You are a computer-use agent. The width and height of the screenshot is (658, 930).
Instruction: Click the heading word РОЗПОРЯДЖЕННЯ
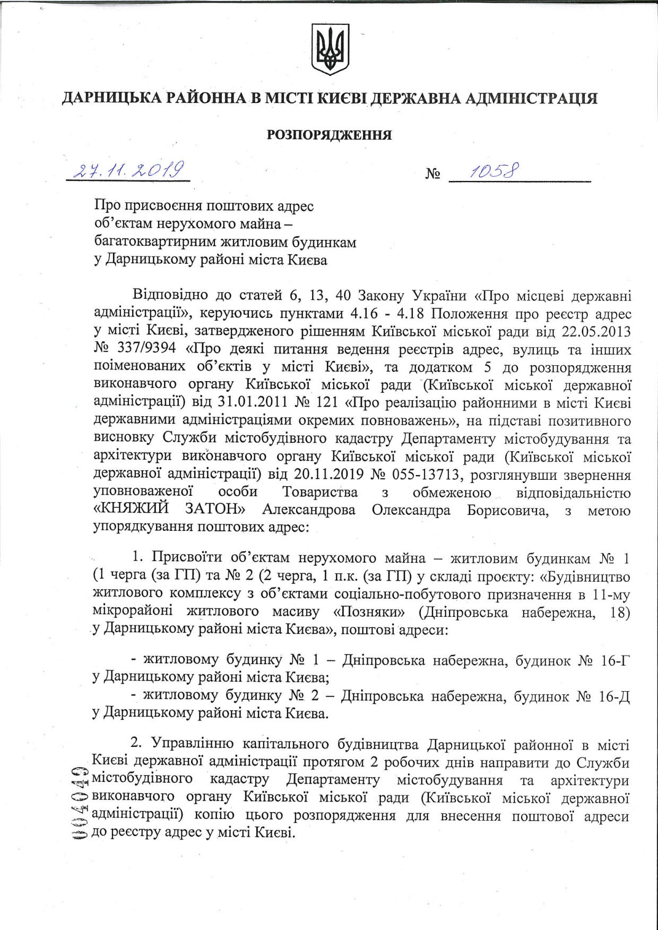tap(329, 135)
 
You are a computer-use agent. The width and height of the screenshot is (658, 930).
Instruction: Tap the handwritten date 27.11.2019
tap(128, 170)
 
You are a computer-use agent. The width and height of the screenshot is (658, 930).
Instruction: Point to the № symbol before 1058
tap(432, 174)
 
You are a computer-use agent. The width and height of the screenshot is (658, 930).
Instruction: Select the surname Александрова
tap(309, 510)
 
